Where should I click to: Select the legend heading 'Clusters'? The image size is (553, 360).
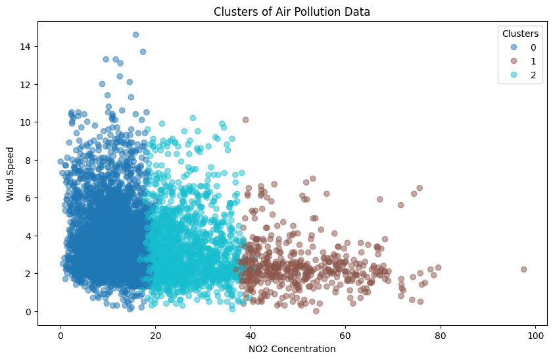pyautogui.click(x=521, y=33)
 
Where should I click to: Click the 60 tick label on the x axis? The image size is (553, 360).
pyautogui.click(x=345, y=335)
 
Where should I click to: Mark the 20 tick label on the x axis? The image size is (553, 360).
pyautogui.click(x=155, y=335)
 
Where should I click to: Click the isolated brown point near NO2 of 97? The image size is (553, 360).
pyautogui.click(x=523, y=269)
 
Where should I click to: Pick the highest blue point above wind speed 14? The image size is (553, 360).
pyautogui.click(x=135, y=35)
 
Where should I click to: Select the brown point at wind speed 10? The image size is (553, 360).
pyautogui.click(x=245, y=120)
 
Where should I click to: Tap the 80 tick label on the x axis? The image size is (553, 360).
pyautogui.click(x=440, y=335)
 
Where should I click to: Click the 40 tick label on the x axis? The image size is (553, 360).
pyautogui.click(x=251, y=335)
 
